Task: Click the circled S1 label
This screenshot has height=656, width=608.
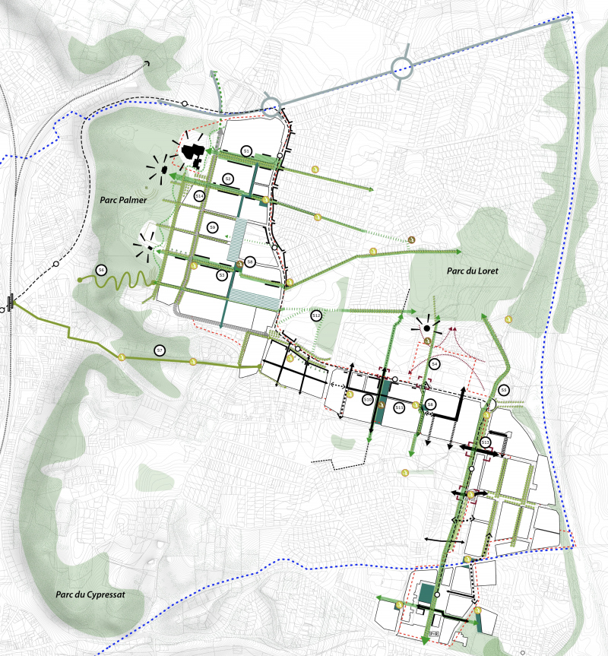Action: click(247, 151)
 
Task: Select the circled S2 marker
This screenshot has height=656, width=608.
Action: click(227, 178)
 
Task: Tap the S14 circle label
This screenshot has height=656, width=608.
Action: click(199, 196)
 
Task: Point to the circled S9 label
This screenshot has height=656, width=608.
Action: click(213, 227)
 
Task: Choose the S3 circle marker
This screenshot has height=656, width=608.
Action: click(222, 274)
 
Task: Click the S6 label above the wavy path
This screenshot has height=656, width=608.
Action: click(100, 269)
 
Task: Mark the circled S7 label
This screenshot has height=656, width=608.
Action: click(160, 350)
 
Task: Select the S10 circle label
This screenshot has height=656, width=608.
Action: click(367, 399)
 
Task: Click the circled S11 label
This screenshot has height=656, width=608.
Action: click(399, 407)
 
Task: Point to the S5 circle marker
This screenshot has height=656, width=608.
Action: click(504, 391)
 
